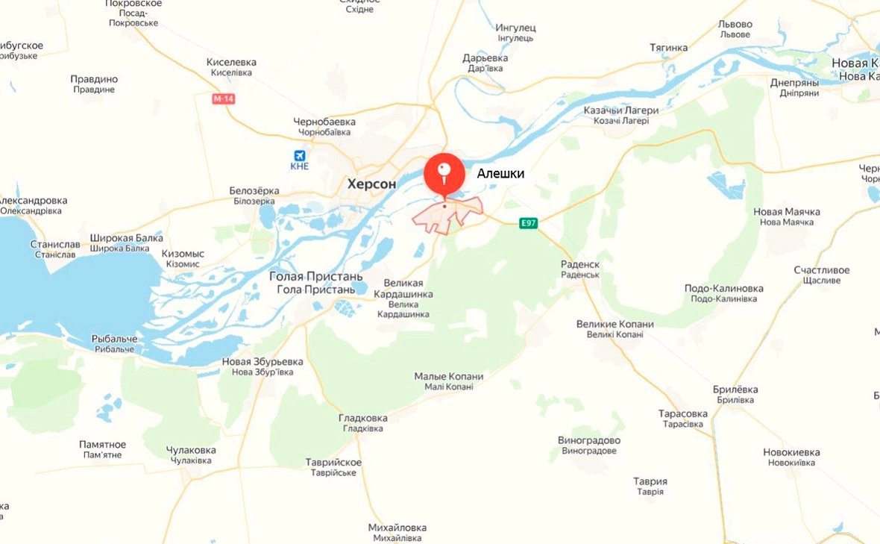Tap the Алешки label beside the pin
point(500,174)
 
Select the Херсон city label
point(371,183)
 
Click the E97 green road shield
point(529,223)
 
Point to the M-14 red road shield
point(223,99)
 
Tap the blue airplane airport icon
point(300,156)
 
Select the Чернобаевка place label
point(324,122)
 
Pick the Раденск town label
point(580,264)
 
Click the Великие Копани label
point(615,324)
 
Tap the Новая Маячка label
point(787,212)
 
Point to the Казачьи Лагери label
point(621,110)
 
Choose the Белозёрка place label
point(254,191)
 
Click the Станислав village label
point(54,244)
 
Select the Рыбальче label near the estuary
point(114,339)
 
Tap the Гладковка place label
point(363,418)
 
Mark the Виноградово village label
point(589,440)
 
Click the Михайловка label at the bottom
point(397,528)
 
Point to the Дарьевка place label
point(485,57)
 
